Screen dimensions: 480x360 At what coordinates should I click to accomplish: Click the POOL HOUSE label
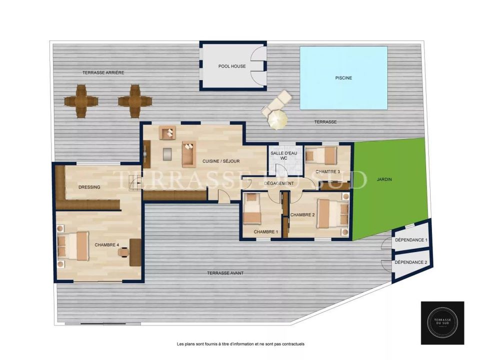[x=232, y=66]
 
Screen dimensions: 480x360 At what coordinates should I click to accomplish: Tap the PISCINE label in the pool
[x=343, y=78]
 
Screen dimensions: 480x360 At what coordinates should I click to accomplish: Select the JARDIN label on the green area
[x=384, y=179]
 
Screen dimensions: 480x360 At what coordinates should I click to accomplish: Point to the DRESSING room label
[x=89, y=187]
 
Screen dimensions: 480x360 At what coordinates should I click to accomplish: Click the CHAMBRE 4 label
[x=107, y=245]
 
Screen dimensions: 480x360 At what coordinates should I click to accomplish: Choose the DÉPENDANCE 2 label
[x=411, y=262]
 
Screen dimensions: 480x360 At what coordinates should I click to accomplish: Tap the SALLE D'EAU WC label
[x=283, y=155]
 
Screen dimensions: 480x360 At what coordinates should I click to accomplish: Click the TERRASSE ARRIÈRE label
[x=103, y=73]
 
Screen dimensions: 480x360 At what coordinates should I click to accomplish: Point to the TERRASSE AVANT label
[x=225, y=273]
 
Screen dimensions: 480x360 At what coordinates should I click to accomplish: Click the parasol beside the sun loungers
[x=277, y=119]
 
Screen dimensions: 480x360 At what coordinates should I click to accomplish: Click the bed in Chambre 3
[x=321, y=155]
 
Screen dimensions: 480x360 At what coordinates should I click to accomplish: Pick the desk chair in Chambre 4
[x=123, y=252]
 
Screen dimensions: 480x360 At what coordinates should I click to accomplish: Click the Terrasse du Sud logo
[x=442, y=323]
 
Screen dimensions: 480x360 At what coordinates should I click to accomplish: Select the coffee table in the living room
[x=167, y=154]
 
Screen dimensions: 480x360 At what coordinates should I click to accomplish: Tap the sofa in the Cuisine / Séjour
[x=189, y=154]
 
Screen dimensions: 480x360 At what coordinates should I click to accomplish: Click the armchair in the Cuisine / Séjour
[x=167, y=133]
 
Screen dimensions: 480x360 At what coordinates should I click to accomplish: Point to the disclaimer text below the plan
[x=240, y=344]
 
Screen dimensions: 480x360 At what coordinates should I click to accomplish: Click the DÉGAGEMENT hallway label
[x=279, y=183]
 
